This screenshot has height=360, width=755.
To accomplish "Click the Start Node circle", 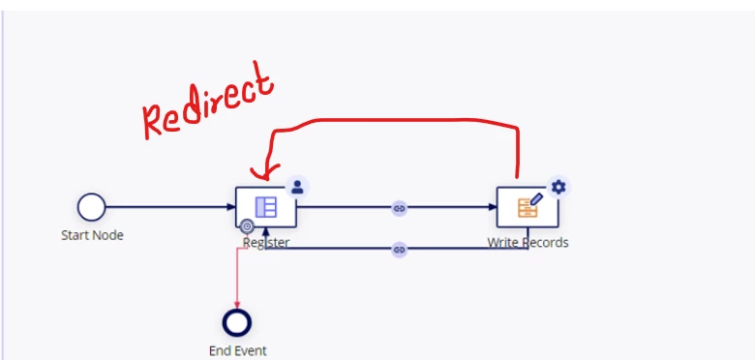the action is pos(92,207).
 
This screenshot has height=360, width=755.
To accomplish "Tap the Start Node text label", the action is pos(92,235).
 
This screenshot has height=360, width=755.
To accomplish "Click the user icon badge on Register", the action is pos(297,187).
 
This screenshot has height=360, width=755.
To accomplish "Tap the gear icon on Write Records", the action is pos(559,187).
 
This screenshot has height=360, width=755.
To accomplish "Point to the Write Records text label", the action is pos(528,243).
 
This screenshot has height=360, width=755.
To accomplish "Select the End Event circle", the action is pos(237,322).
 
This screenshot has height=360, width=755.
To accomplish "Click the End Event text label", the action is pos(238,351).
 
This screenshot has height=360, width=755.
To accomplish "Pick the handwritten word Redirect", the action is pos(208,101).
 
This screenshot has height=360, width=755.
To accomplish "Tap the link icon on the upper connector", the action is pos(399,208).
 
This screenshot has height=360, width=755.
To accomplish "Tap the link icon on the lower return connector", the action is pos(399,250).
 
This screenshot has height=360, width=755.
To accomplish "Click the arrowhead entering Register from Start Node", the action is pos(231,207).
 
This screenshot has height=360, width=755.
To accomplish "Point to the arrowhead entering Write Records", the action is pos(493,207).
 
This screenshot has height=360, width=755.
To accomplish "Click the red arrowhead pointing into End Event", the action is pos(237,305).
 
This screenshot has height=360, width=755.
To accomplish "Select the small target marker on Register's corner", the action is pos(247,226).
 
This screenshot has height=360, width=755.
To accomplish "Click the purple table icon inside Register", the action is pos(266,207).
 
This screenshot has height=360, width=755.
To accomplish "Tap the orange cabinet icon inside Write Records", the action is pos(528,208).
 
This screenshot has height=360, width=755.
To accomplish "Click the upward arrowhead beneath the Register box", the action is pos(265,232).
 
